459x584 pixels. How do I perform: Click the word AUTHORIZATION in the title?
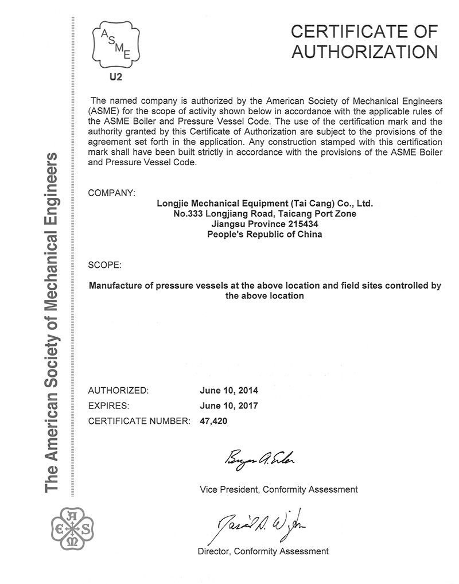[365, 52]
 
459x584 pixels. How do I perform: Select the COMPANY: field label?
[112, 193]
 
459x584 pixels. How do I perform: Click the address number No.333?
[188, 213]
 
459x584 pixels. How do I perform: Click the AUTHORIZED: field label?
[118, 391]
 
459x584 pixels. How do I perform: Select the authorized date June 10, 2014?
[229, 391]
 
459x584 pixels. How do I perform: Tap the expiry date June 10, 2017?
[229, 406]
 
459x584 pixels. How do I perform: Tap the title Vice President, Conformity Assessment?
[279, 489]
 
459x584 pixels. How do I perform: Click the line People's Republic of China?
[264, 234]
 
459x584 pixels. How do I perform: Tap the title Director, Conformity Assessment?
[263, 551]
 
